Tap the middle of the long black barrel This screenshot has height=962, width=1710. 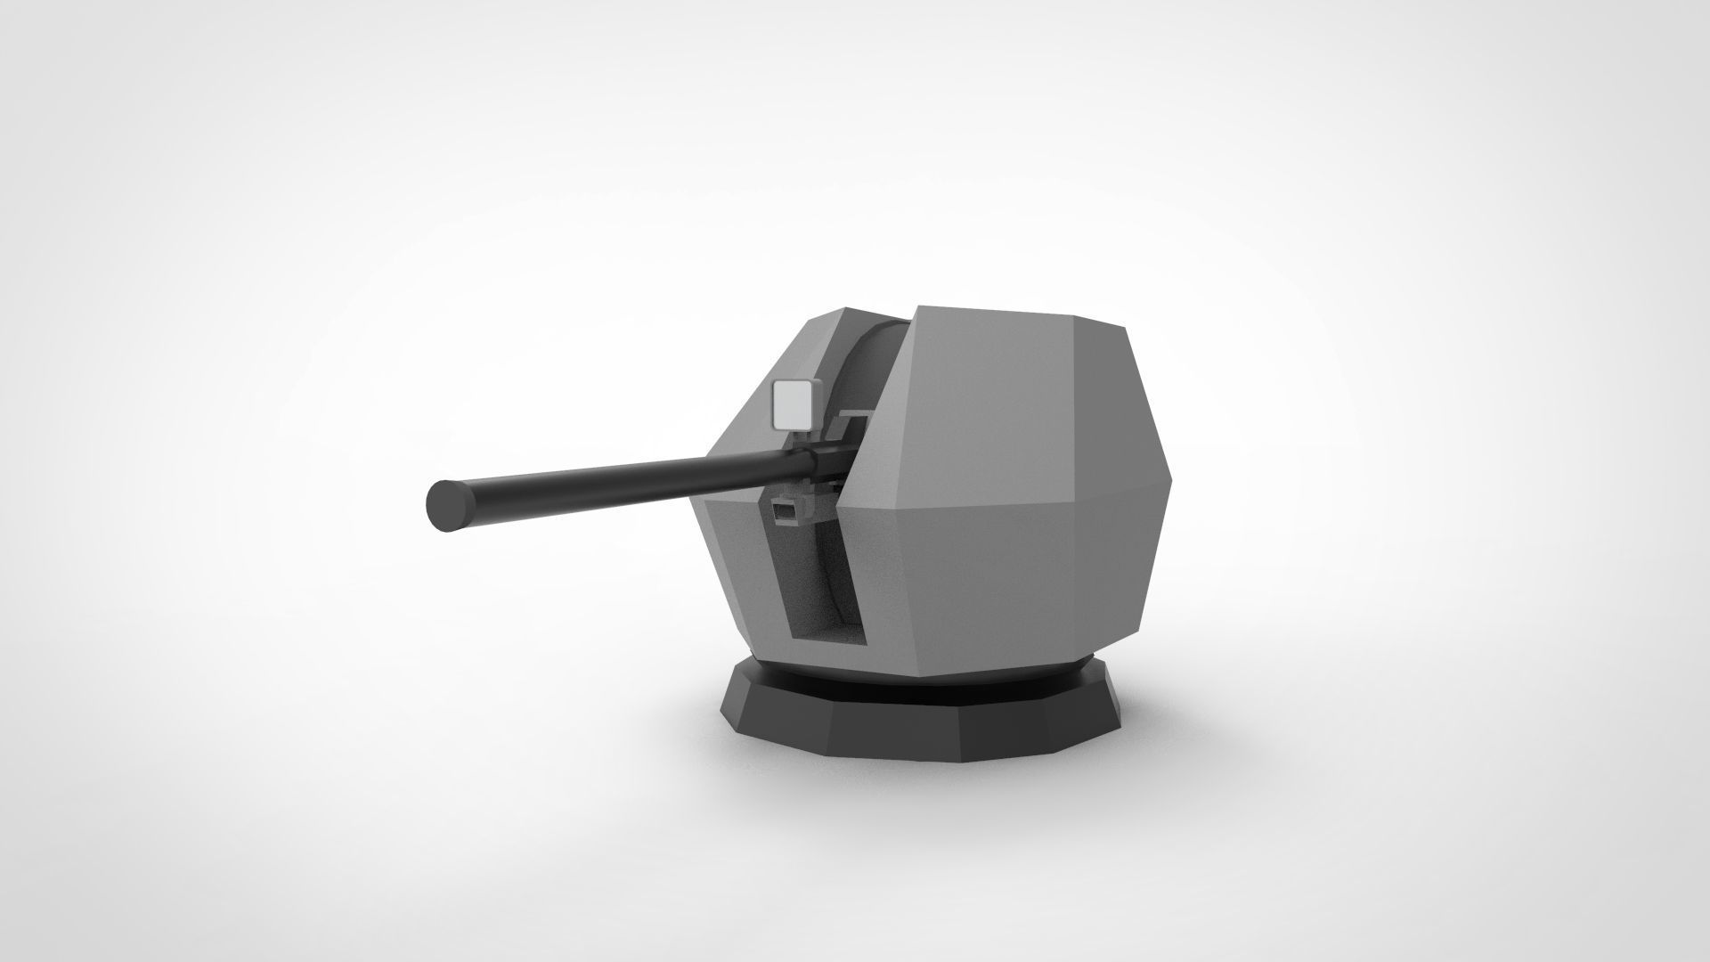(623, 477)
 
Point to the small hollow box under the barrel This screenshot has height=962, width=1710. (785, 512)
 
